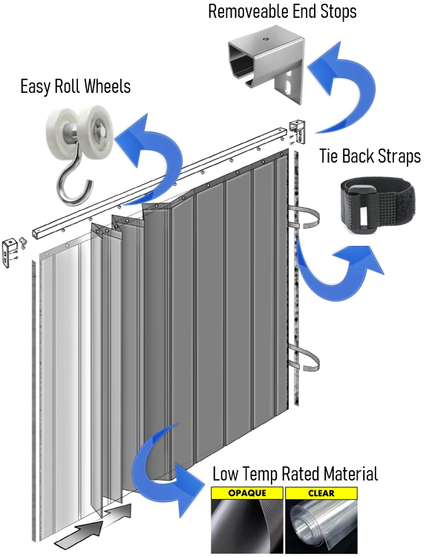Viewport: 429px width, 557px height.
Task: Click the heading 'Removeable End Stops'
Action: [x=282, y=11]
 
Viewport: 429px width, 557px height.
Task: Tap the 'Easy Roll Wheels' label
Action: [x=75, y=86]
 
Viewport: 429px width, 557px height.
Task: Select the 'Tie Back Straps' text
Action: [x=370, y=156]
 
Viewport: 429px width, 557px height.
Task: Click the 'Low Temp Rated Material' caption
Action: [x=295, y=474]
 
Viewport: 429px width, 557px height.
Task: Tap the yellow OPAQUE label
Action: [x=247, y=493]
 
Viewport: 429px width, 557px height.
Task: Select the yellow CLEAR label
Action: [x=321, y=493]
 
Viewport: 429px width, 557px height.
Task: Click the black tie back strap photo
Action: [x=377, y=206]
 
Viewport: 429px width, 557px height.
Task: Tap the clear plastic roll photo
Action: [x=321, y=526]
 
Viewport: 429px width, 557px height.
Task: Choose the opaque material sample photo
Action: [x=247, y=526]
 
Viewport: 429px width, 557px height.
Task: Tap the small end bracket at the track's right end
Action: [x=298, y=131]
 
